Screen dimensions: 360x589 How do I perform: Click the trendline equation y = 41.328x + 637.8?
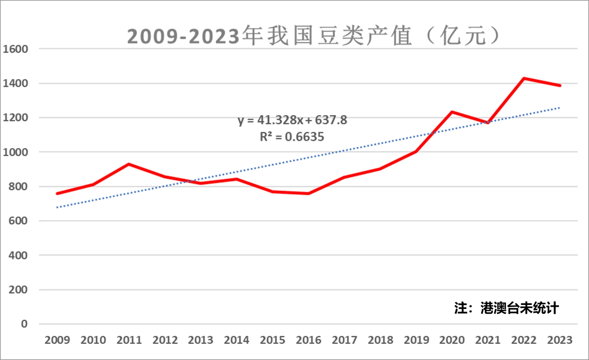point(292,120)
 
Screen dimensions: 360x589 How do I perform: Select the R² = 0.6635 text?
point(292,137)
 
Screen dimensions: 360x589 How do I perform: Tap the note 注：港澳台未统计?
point(506,308)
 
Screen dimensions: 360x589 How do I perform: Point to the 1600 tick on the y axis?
point(15,49)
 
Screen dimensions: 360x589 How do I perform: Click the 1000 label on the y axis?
point(15,152)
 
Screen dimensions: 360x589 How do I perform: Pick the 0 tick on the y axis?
point(24,324)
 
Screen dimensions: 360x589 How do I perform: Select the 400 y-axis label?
point(18,255)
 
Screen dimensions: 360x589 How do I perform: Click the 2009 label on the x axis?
point(57,340)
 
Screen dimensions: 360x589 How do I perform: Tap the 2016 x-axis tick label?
point(309,340)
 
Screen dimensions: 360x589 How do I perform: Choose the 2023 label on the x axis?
point(560,340)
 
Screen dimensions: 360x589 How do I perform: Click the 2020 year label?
point(452,340)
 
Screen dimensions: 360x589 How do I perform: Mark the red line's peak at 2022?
point(524,78)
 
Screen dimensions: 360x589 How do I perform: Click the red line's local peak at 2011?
point(129,164)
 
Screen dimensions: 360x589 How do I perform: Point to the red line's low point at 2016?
point(309,193)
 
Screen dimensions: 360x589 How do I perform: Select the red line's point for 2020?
point(452,112)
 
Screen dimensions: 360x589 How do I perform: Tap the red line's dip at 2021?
point(488,123)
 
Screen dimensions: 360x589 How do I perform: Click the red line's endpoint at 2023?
point(560,86)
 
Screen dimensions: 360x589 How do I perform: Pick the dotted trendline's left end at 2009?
point(57,207)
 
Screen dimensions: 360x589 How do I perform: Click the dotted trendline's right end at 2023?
point(559,108)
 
